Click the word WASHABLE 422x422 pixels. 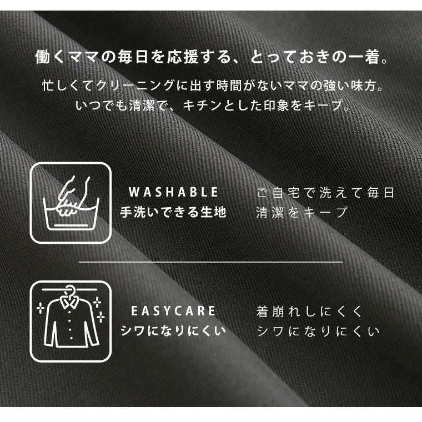click(173, 192)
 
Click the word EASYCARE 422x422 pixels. click(173, 311)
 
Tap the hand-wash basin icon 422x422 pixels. click(71, 203)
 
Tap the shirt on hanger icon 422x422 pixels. click(71, 321)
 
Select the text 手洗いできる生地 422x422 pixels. click(173, 212)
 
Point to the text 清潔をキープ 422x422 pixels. click(302, 212)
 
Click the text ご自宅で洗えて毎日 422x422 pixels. click(325, 193)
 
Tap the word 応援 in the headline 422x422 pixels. click(183, 57)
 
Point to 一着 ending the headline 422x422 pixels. click(365, 57)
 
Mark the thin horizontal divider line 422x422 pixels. click(211, 262)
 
